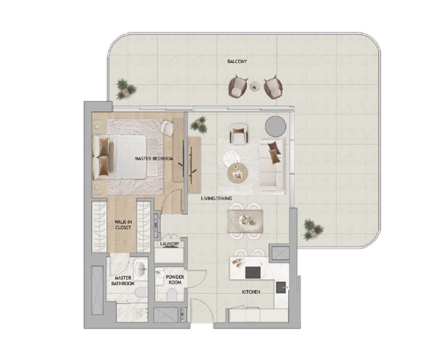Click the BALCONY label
tap(237, 61)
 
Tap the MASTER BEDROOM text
tap(153, 158)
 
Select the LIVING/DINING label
tap(216, 198)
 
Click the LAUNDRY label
tap(170, 244)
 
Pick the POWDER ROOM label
tap(175, 280)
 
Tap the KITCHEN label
tap(251, 292)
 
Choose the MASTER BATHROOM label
tap(124, 281)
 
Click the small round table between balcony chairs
tap(254, 87)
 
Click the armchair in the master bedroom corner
tap(166, 127)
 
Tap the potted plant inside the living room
tap(198, 124)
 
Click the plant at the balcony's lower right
tap(311, 228)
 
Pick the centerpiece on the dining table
tap(247, 220)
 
